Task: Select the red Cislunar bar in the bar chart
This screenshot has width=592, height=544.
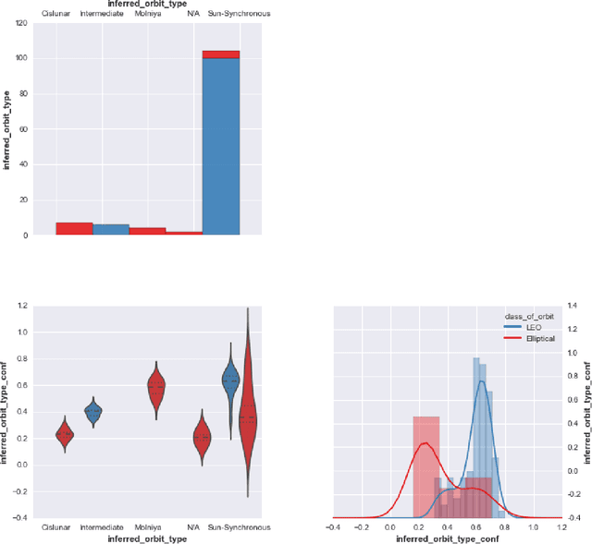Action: pos(73,228)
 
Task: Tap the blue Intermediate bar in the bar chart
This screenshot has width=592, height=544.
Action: pos(110,229)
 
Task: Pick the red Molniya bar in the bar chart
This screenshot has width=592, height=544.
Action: pos(147,231)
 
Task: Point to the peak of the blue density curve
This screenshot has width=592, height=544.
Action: pos(480,381)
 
